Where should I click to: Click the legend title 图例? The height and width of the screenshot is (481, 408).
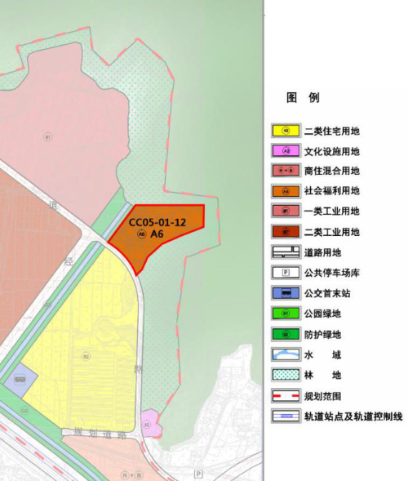click(x=303, y=98)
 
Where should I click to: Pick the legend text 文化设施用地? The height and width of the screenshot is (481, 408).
click(x=331, y=151)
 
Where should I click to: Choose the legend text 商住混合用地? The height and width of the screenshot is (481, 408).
click(x=331, y=171)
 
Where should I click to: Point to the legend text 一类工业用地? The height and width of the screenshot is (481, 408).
click(x=331, y=212)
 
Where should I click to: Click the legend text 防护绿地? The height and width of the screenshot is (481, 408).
click(x=321, y=334)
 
